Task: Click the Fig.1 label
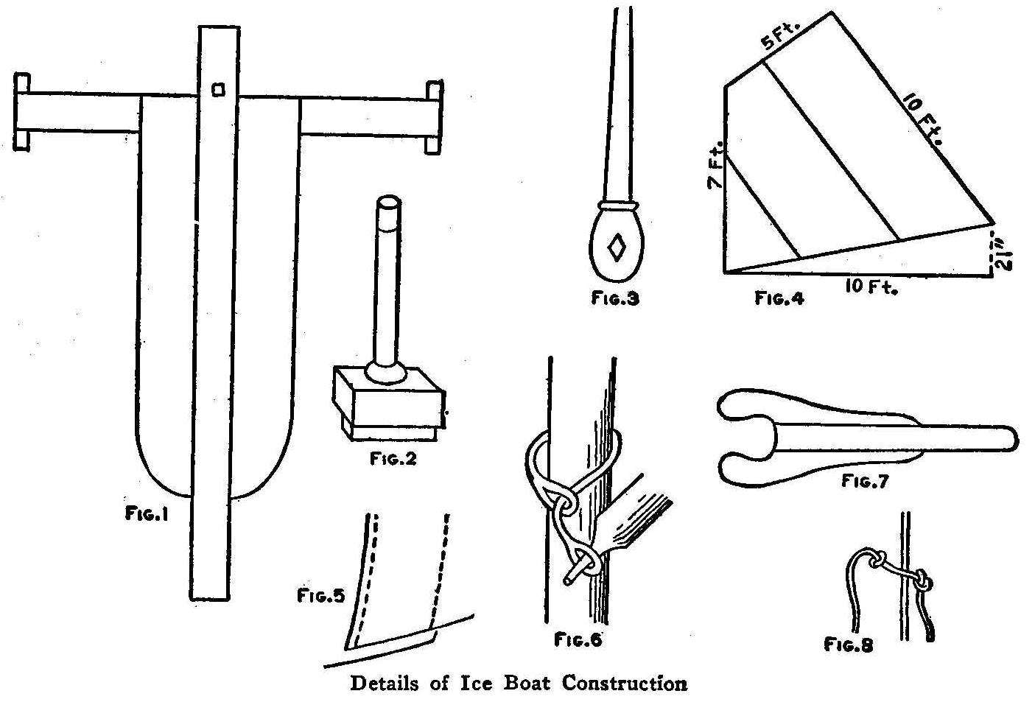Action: click(147, 515)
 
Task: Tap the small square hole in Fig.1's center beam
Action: click(217, 89)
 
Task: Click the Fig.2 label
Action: click(393, 458)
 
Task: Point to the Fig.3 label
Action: click(615, 298)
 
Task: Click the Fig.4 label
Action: click(779, 298)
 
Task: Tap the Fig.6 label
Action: click(578, 639)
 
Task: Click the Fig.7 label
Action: click(865, 482)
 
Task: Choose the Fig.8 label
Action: click(849, 645)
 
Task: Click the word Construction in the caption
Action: click(625, 683)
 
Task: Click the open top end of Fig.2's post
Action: click(389, 203)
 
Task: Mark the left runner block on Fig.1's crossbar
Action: click(22, 112)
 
